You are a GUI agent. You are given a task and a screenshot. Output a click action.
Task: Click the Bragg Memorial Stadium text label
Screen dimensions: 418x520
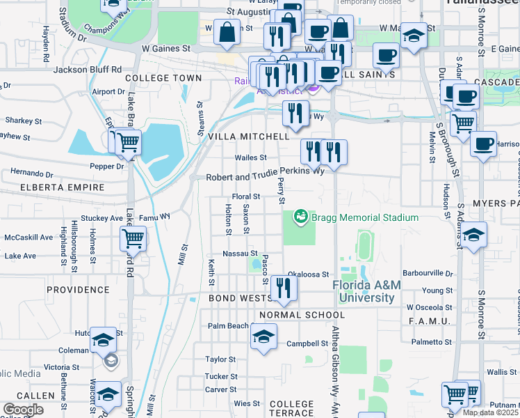point(365,218)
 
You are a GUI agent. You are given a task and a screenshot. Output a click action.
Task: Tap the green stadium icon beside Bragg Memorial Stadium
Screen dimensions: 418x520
point(301,217)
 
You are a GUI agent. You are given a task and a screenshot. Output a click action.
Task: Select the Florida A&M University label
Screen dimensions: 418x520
point(368,292)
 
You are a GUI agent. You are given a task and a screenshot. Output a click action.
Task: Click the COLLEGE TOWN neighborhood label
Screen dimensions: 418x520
point(163,79)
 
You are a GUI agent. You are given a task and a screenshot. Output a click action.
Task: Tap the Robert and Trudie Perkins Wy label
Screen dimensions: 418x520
point(265,177)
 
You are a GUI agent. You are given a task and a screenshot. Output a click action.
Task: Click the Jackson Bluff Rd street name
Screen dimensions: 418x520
point(88,70)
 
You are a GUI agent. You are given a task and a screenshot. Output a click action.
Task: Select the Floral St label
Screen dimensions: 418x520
point(245,197)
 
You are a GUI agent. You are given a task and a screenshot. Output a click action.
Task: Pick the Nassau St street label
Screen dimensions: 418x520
point(240,254)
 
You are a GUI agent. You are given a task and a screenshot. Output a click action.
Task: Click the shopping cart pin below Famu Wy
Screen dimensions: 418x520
point(133,239)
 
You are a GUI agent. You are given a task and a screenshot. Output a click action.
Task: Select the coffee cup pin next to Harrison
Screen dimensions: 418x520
point(482,144)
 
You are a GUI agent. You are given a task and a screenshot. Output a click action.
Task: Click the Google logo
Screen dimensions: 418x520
point(23,410)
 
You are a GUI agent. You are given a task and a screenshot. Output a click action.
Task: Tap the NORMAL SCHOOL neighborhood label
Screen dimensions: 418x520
point(302,315)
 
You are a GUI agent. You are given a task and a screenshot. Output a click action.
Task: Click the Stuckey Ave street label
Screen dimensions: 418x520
point(101,218)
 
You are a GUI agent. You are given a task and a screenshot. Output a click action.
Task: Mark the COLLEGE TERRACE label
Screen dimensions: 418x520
point(292,409)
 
